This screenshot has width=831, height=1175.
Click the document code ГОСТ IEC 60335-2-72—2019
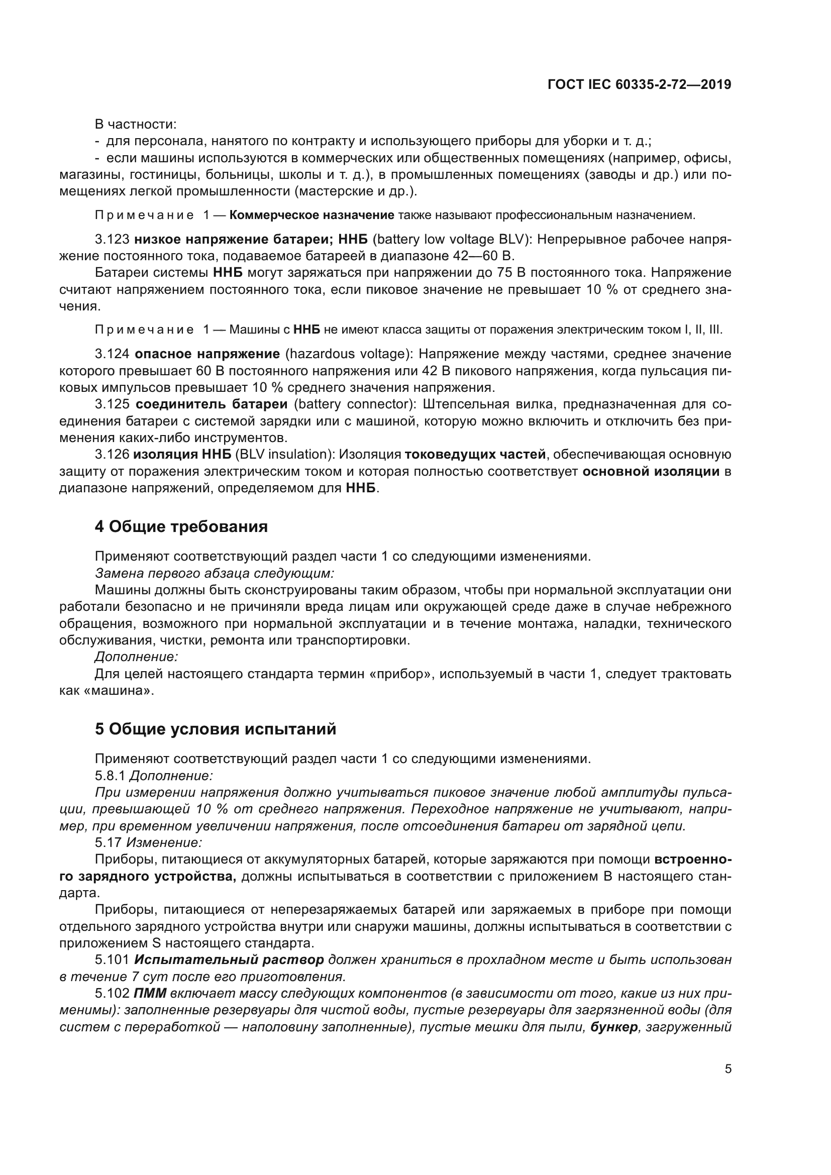[639, 84]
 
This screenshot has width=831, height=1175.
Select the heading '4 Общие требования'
[181, 526]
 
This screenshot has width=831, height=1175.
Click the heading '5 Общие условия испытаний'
[216, 729]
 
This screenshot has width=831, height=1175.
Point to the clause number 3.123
[112, 240]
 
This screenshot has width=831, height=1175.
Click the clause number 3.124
[112, 354]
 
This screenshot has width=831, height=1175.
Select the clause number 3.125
[112, 404]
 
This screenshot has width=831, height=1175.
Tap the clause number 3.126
[112, 455]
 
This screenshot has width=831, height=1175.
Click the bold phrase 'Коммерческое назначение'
[311, 215]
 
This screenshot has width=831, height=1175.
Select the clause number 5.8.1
[110, 776]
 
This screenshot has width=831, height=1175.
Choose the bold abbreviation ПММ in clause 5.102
[150, 993]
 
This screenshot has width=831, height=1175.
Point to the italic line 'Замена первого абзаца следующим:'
[215, 573]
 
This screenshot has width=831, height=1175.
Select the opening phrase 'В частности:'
[136, 125]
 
